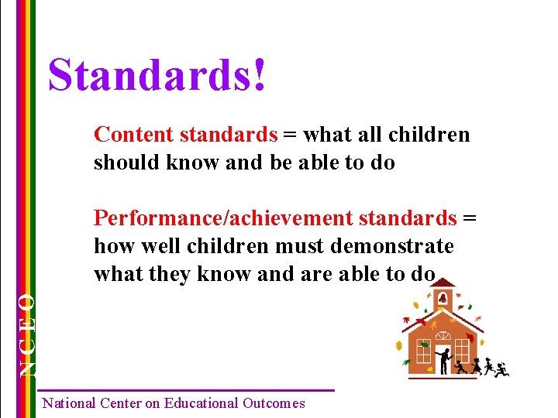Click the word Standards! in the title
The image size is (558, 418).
coord(157,76)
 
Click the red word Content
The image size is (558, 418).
coord(133,135)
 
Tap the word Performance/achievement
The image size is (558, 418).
coord(222,218)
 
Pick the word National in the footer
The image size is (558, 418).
coord(69,403)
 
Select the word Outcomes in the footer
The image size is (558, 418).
coord(274,403)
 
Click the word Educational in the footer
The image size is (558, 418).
coord(197,403)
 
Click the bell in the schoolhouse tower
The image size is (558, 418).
coord(442,299)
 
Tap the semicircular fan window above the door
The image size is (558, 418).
coord(443,337)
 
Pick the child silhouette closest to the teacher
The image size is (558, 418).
coord(460,365)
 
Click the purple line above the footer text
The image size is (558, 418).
coord(186,390)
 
